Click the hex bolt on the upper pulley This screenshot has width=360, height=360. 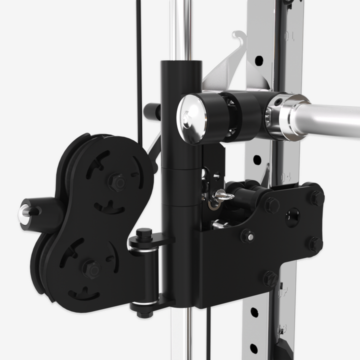(118, 182)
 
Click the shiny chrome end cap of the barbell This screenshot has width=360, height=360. (190, 119)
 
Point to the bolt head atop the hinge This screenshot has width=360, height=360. (144, 232)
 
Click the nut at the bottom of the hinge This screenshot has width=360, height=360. (143, 313)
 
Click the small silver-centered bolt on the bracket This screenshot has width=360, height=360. (247, 236)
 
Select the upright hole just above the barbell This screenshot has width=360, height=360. (259, 61)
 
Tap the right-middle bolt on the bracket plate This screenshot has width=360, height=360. (313, 244)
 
